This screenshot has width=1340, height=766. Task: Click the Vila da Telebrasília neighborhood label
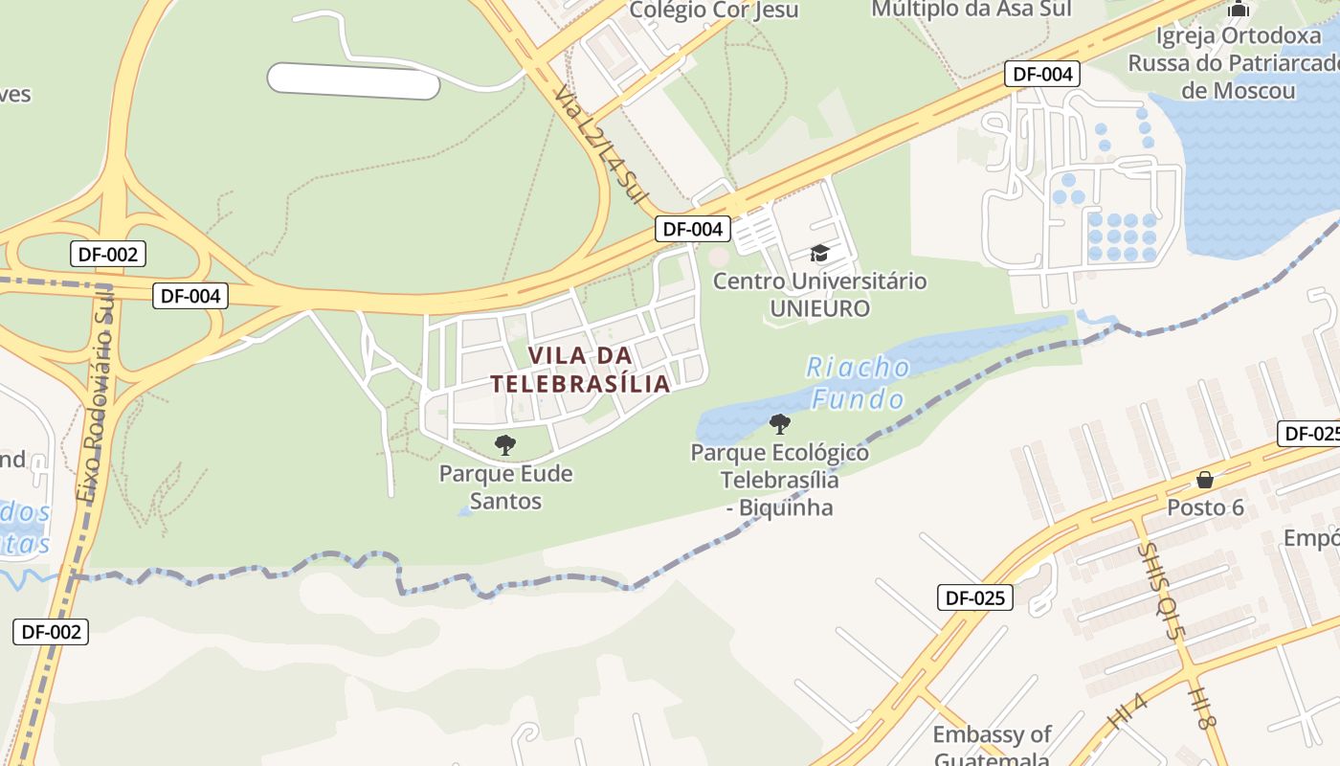[x=580, y=370]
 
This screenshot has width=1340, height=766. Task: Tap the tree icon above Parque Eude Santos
[x=505, y=444]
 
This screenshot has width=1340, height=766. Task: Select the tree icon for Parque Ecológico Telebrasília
[x=780, y=423]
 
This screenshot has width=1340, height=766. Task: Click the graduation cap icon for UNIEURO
[x=819, y=253]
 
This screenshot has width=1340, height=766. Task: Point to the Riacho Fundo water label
[x=858, y=382]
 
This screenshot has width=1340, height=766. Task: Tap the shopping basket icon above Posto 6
[x=1205, y=480]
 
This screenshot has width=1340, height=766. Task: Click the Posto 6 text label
[x=1205, y=507]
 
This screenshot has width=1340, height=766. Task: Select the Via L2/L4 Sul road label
[x=596, y=138]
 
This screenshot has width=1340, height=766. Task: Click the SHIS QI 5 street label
[x=1161, y=579]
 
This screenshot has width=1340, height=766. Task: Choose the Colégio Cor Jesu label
[x=714, y=11]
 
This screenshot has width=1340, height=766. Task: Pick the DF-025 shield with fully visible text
[x=975, y=598]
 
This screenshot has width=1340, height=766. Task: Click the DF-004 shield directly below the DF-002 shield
[x=190, y=296]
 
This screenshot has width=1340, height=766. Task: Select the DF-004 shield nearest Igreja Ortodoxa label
[x=1042, y=74]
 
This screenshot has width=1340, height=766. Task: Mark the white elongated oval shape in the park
[x=353, y=81]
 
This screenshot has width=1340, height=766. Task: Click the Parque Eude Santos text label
[x=505, y=487]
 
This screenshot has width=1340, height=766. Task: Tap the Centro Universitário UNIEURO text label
[x=819, y=295]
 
